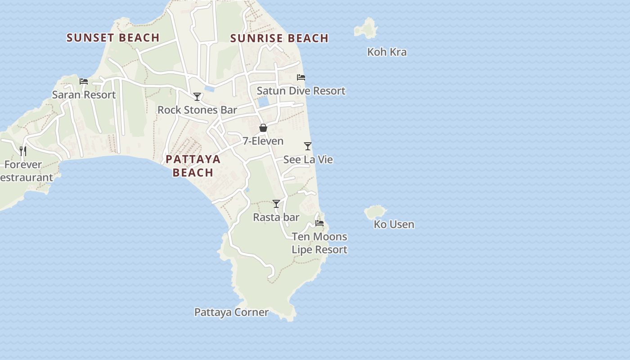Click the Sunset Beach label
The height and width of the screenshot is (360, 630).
pyautogui.click(x=113, y=38)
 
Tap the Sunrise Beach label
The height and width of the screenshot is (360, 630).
pyautogui.click(x=279, y=38)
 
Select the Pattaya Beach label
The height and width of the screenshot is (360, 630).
pyautogui.click(x=193, y=166)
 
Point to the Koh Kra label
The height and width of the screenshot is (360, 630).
pyautogui.click(x=387, y=52)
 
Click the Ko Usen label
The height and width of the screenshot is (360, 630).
pyautogui.click(x=394, y=224)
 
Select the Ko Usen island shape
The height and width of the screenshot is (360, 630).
pyautogui.click(x=375, y=211)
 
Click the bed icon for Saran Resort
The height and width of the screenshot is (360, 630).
pyautogui.click(x=84, y=81)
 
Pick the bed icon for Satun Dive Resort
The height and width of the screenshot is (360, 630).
pyautogui.click(x=301, y=77)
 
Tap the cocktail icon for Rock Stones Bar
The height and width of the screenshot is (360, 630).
pyautogui.click(x=197, y=97)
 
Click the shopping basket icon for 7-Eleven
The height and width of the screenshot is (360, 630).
pyautogui.click(x=263, y=128)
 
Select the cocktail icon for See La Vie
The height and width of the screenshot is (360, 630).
pyautogui.click(x=308, y=146)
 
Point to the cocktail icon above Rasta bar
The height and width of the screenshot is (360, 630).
pyautogui.click(x=276, y=204)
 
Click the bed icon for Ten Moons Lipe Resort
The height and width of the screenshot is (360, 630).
pyautogui.click(x=319, y=223)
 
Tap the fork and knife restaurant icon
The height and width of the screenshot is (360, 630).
pyautogui.click(x=23, y=151)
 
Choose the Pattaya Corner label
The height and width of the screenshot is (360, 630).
pyautogui.click(x=231, y=312)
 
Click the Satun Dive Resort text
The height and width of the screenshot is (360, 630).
pyautogui.click(x=301, y=91)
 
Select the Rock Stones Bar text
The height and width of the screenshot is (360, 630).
pyautogui.click(x=197, y=110)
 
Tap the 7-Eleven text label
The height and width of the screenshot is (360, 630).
pyautogui.click(x=263, y=141)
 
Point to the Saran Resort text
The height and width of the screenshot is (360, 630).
pyautogui.click(x=84, y=95)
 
